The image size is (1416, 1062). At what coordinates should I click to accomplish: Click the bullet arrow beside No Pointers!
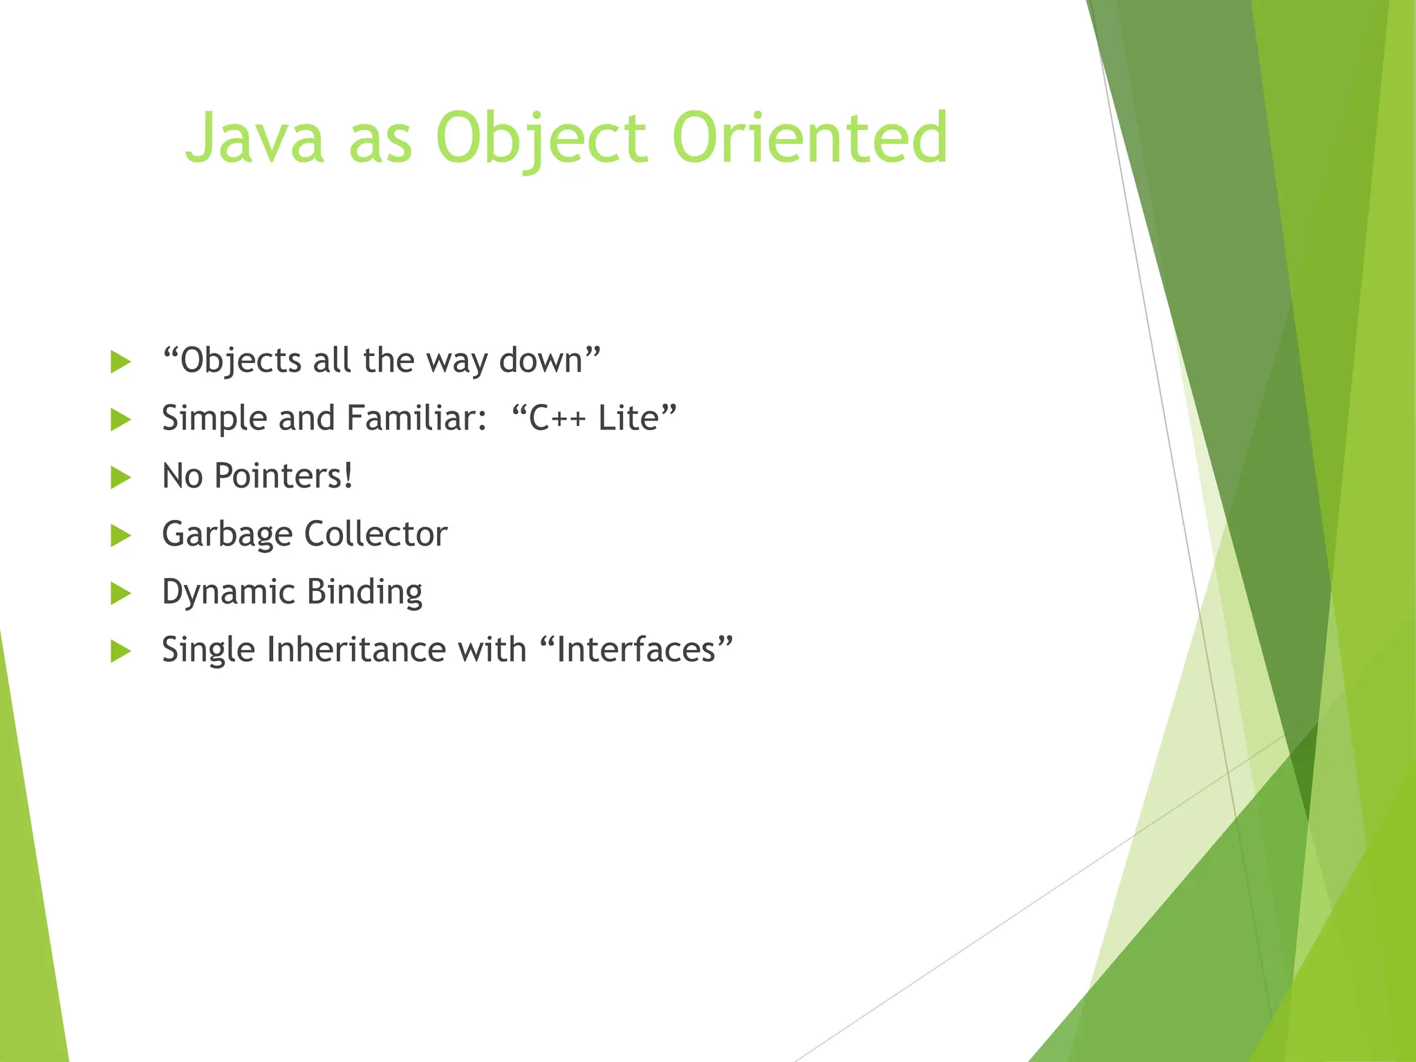click(x=120, y=477)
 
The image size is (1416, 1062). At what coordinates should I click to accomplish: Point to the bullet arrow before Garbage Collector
click(x=120, y=535)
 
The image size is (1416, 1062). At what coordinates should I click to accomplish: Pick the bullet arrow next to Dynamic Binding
click(x=120, y=593)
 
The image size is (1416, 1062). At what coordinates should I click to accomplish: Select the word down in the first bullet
click(x=542, y=361)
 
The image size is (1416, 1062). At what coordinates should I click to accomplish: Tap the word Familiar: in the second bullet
click(x=417, y=419)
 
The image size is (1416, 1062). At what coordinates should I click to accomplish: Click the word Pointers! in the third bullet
click(x=283, y=477)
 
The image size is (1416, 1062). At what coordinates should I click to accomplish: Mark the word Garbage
click(x=227, y=535)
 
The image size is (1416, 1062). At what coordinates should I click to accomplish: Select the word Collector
click(x=375, y=534)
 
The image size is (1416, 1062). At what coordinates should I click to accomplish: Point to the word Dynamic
click(x=229, y=593)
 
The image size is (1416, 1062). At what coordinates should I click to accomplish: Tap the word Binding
click(x=364, y=593)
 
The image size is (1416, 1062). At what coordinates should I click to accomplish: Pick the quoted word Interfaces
click(x=635, y=651)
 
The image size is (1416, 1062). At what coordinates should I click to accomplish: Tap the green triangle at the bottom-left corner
click(x=28, y=933)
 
